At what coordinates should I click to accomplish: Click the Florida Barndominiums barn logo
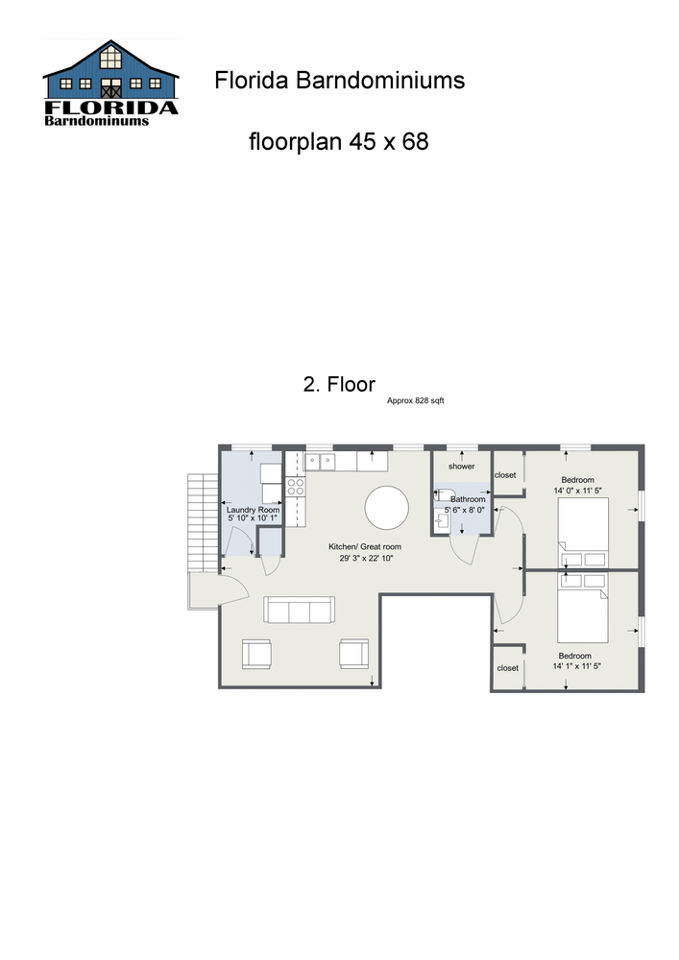click(110, 84)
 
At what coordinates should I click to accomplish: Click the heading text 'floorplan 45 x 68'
click(338, 142)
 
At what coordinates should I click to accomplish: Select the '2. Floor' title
click(339, 385)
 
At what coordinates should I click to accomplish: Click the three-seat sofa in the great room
click(299, 610)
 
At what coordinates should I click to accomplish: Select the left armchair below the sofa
click(256, 654)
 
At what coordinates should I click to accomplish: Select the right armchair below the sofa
click(353, 654)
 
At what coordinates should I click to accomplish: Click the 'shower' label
click(462, 467)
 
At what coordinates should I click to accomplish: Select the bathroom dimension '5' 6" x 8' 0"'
click(465, 511)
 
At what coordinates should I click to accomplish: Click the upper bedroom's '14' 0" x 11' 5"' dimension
click(577, 491)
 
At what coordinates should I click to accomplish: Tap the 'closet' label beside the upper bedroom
click(506, 475)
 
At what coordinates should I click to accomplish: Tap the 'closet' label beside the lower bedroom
click(507, 667)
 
